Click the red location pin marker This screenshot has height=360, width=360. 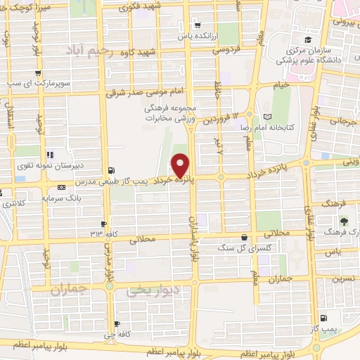181,164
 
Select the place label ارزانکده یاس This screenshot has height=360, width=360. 195,35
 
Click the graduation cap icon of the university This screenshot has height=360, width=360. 307,39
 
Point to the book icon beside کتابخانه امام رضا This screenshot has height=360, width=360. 266,117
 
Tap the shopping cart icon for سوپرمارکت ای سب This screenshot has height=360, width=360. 37,73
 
